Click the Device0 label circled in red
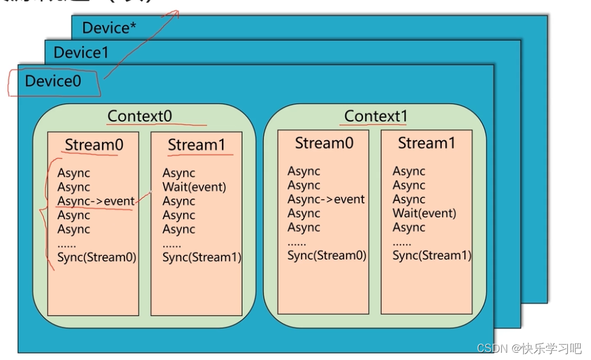click(53, 81)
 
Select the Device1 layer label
click(81, 53)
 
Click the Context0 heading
click(140, 116)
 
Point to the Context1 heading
click(376, 116)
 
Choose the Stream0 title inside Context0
click(93, 145)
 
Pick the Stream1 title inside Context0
click(197, 145)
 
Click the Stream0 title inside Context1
click(323, 143)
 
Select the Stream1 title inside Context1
click(427, 143)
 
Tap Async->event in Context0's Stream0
click(96, 202)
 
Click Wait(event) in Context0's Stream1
click(194, 187)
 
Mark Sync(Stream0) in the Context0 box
click(97, 257)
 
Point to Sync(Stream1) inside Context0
click(202, 257)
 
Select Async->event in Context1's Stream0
click(326, 199)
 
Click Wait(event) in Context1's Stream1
click(424, 213)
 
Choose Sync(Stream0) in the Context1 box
click(327, 256)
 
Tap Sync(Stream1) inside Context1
click(432, 256)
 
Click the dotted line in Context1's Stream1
click(402, 242)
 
